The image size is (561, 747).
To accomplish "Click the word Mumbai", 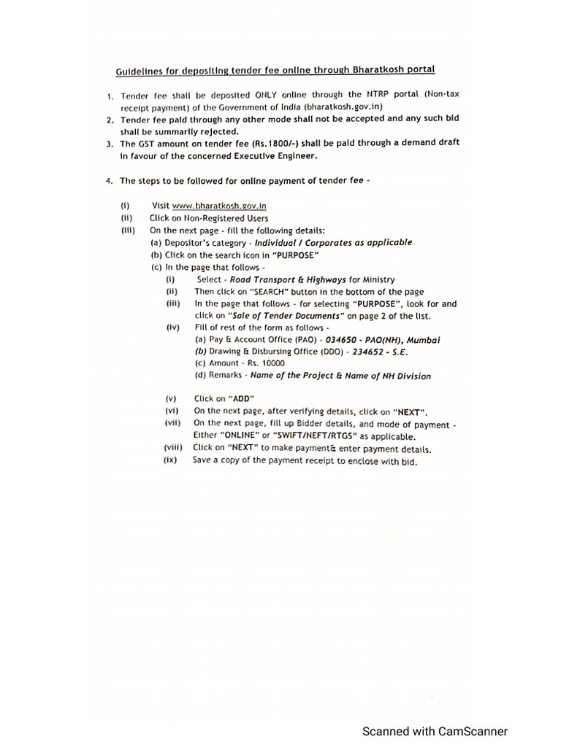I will (x=424, y=339).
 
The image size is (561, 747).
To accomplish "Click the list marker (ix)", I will (x=171, y=460).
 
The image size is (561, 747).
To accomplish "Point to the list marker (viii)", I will (x=173, y=448).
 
